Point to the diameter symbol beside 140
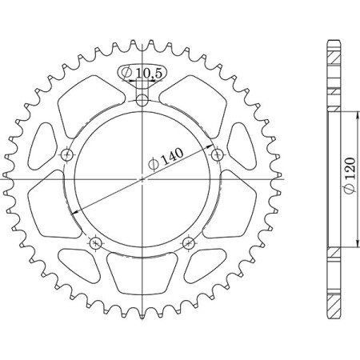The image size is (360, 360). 154,167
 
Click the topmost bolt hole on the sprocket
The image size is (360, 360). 142,101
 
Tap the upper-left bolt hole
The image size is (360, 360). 67,154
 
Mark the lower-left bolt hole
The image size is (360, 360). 96,242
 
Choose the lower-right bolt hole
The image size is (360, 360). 189,242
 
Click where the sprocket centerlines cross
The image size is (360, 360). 142,179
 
